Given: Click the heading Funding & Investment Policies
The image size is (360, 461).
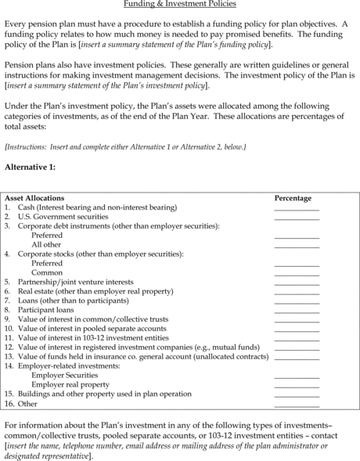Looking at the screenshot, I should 180,5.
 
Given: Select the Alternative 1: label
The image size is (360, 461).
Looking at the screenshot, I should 30,167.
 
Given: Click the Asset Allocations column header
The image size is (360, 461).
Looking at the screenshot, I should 34,198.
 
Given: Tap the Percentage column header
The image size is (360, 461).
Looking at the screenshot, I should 293,198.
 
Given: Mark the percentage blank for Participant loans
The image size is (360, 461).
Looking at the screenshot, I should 297,311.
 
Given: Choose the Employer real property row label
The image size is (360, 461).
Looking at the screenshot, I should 70,385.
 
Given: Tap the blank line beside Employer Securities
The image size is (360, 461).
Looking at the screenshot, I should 297,377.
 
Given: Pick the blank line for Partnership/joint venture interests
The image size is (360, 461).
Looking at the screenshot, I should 297,283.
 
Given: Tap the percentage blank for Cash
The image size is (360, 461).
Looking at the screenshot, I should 297,209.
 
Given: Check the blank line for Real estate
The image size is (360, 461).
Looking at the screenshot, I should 297,292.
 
